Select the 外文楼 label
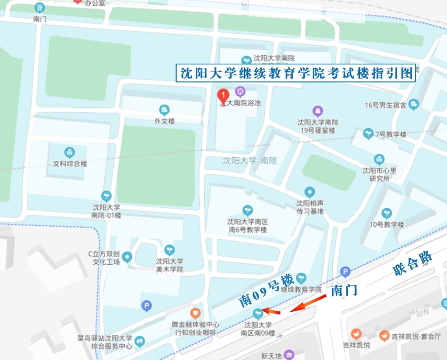pyautogui.click(x=164, y=121)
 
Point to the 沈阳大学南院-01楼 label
pyautogui.click(x=106, y=211)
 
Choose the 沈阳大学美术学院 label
pyautogui.click(x=169, y=265)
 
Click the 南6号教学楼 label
pyautogui.click(x=248, y=226)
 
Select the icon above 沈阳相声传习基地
pyautogui.click(x=309, y=193)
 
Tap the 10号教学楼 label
pyautogui.click(x=387, y=224)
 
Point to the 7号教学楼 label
pyautogui.click(x=391, y=134)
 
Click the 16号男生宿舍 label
pyautogui.click(x=385, y=105)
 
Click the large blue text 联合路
pyautogui.click(x=413, y=263)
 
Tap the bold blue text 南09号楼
pyautogui.click(x=266, y=290)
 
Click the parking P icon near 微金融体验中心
pyautogui.click(x=146, y=306)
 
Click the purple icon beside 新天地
pyautogui.click(x=289, y=355)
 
